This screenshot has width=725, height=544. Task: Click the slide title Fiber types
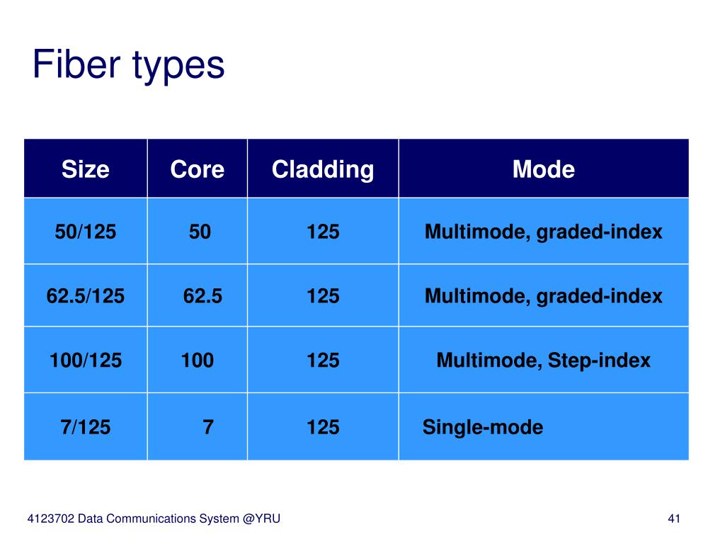129,65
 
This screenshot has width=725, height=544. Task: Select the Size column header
86,169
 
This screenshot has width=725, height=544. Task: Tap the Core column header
198,169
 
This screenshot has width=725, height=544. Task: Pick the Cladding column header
323,170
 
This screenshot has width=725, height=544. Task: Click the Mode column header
544,169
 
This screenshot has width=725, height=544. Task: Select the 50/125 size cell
86,232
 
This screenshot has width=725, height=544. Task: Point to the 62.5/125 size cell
86,295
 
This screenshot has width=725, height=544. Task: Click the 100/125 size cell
86,360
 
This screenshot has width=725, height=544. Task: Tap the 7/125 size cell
86,426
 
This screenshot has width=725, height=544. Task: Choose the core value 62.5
202,295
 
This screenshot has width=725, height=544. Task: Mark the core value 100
198,360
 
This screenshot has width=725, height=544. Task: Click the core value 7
208,426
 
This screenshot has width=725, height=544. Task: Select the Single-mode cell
483,427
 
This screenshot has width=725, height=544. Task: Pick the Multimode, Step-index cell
544,361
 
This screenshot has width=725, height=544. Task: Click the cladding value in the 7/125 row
323,426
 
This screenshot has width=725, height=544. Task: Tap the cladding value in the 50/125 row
323,232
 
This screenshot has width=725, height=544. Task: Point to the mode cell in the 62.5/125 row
544,296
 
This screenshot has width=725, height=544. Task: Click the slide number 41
674,518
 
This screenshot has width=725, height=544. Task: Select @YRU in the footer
261,518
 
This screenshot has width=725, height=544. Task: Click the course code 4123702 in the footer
50,518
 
